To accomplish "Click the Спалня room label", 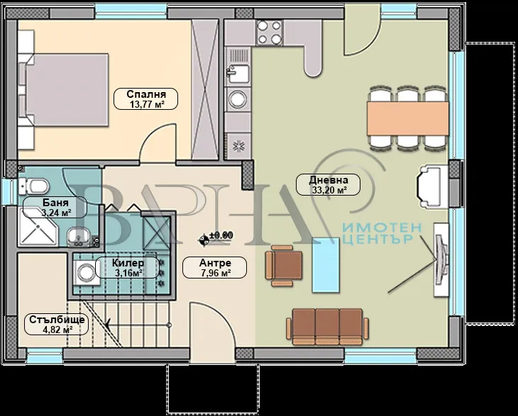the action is coord(145,99).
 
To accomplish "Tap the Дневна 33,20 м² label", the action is coord(328,185).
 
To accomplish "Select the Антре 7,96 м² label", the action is coord(215,268).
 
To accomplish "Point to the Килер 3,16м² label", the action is coord(128,268).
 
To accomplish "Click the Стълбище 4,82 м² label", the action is coord(57,325).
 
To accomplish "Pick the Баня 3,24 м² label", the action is coord(55,207).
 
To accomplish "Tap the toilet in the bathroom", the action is coord(33,186).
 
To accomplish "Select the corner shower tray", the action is coord(38,227).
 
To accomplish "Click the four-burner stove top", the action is coord(269,33).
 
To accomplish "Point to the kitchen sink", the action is coord(237,74).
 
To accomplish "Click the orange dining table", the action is coord(408,118).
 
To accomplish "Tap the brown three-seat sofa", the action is coord(327,327).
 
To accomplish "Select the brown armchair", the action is coord(284,266).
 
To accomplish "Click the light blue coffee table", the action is coord(326,265).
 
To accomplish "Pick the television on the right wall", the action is coord(441,259).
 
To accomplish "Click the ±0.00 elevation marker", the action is coord(216,238).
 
